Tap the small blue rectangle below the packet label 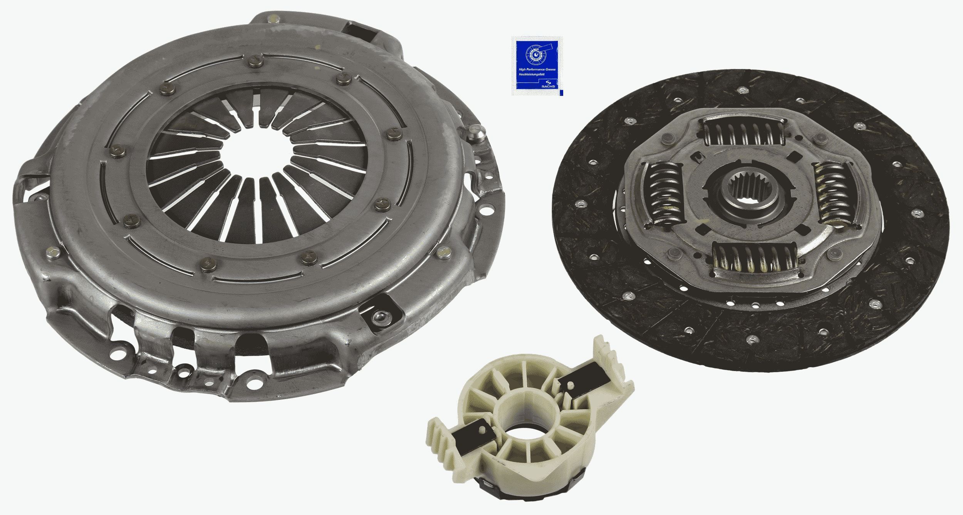[x=561, y=93]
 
